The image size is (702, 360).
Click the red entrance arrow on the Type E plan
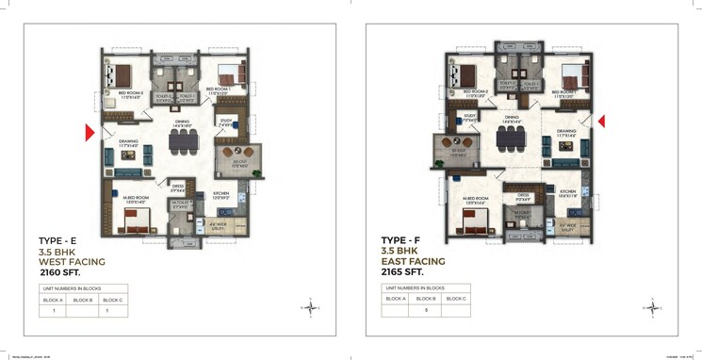(90, 134)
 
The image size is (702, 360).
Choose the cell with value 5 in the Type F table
(426, 310)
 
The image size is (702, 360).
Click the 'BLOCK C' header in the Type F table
(456, 299)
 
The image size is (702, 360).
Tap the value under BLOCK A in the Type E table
(55, 311)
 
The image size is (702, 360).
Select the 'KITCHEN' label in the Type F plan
(568, 190)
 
